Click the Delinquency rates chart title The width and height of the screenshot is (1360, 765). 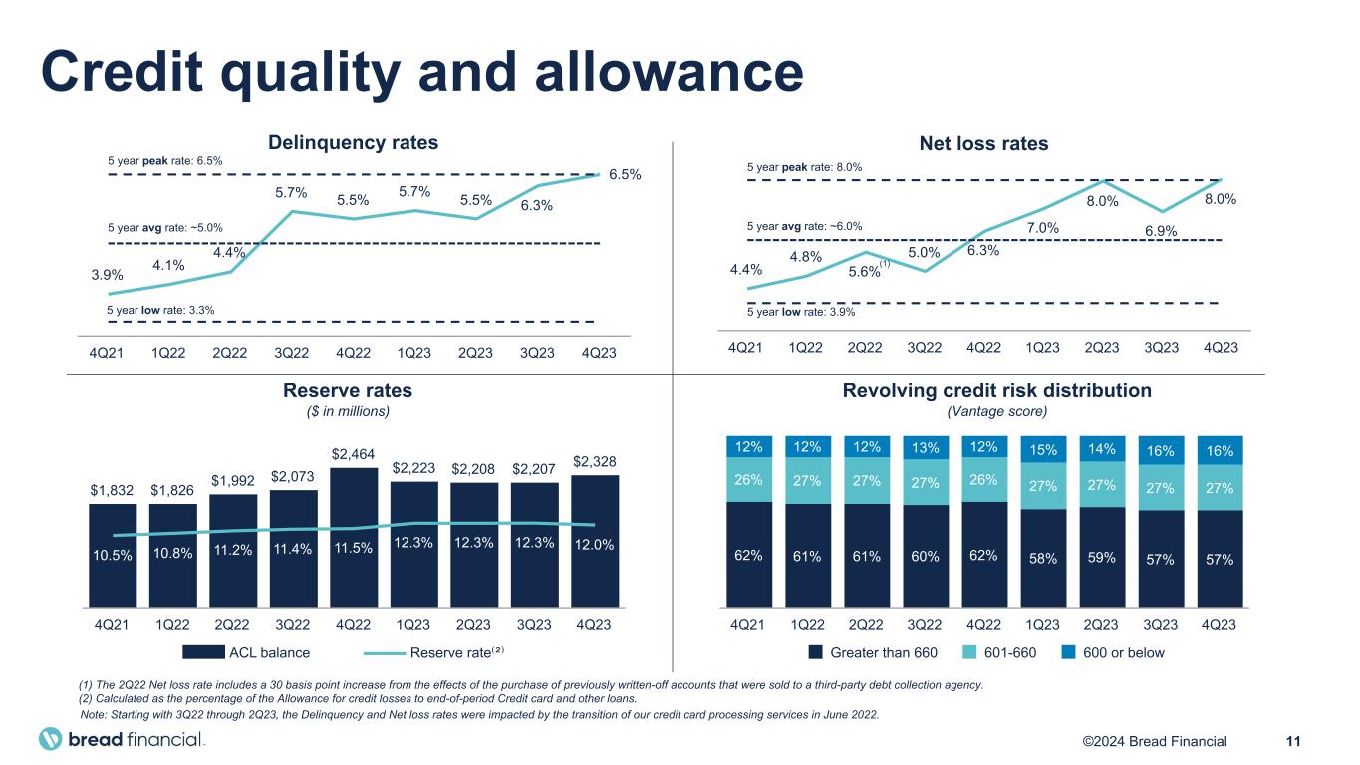click(354, 142)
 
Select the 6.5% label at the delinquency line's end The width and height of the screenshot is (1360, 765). click(625, 175)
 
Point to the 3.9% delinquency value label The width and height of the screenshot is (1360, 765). click(107, 276)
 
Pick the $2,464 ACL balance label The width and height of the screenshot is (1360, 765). click(354, 455)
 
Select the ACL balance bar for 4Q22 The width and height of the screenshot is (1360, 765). click(354, 538)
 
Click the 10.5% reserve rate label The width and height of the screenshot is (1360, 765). click(113, 557)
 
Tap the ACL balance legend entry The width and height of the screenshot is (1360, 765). click(246, 653)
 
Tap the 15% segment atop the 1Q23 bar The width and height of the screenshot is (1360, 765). click(1042, 448)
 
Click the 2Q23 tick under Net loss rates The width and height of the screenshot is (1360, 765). click(1102, 348)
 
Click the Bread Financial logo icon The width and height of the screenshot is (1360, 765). click(50, 740)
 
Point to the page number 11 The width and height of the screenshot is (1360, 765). click(1294, 741)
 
